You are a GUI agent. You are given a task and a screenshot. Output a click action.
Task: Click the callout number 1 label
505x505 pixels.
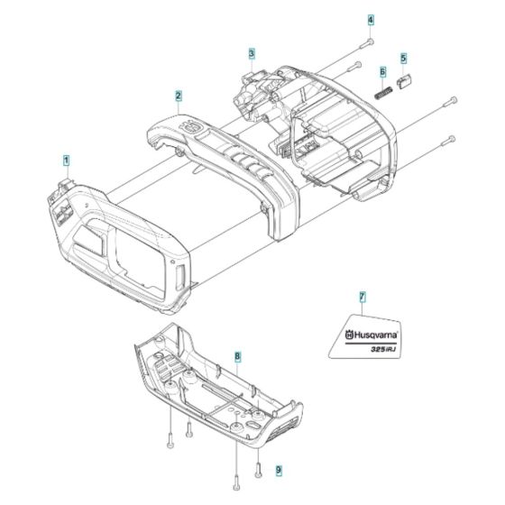click(x=66, y=160)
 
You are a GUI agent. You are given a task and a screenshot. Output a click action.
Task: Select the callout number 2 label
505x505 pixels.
click(x=179, y=96)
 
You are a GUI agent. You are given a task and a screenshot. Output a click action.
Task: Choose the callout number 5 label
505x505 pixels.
click(x=403, y=57)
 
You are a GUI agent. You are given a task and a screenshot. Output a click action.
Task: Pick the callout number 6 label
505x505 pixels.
click(x=382, y=71)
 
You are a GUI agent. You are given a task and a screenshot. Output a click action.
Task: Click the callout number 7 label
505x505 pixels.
click(x=362, y=298)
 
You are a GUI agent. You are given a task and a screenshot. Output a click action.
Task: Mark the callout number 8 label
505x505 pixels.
click(x=237, y=358)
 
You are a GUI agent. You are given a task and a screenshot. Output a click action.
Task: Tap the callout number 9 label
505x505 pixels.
click(x=253, y=471)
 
